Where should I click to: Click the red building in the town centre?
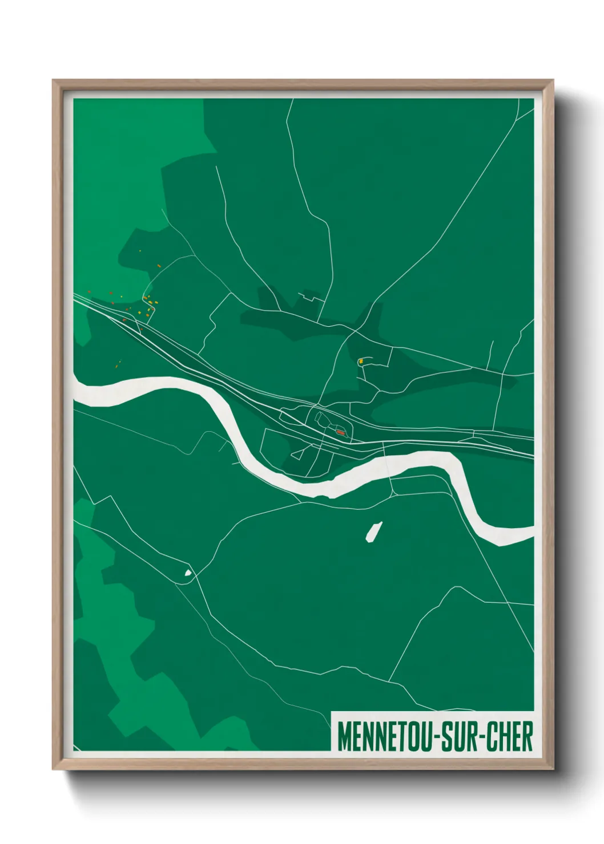tap(340, 433)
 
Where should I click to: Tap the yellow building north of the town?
tap(360, 361)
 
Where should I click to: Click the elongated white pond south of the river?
tap(374, 531)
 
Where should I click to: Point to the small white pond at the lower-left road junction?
tap(187, 573)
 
